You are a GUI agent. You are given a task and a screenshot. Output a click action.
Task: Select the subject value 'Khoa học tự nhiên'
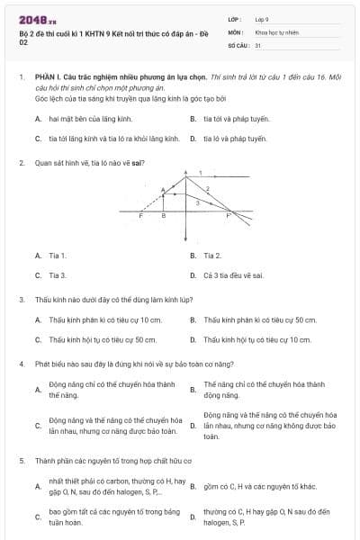pos(276,31)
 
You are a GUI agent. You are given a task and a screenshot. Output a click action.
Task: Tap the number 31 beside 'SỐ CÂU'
pos(258,44)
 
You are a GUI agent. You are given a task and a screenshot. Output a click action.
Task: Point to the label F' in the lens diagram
pos(228,216)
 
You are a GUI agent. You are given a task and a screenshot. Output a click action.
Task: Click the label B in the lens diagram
pos(163,216)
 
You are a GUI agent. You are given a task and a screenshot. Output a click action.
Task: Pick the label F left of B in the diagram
pos(140,216)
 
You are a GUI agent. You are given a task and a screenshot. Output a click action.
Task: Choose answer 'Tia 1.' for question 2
pos(58,256)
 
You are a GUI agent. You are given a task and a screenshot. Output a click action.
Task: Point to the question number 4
pos(21,364)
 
